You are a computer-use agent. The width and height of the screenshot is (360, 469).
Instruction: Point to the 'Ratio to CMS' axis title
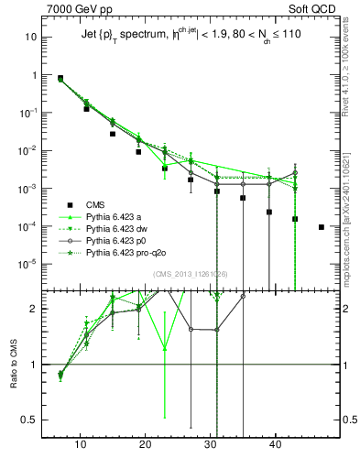tap(14, 365)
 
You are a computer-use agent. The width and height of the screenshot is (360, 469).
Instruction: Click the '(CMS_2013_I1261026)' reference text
tap(190, 274)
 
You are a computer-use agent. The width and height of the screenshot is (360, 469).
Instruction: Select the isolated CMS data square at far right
tap(321, 226)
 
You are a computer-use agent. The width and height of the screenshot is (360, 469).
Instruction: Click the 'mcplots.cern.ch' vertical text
tap(352, 220)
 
